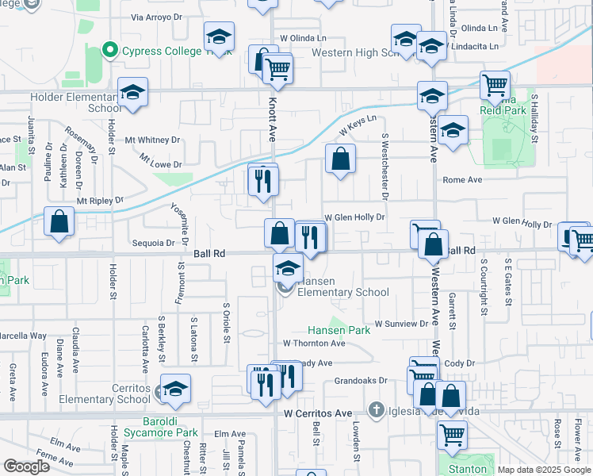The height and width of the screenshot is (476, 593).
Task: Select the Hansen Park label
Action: [x=339, y=330]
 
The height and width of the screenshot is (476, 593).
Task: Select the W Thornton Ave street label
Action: [x=315, y=344]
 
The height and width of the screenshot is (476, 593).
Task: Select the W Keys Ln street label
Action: [x=358, y=125]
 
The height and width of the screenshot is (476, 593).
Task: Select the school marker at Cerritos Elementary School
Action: [x=176, y=389]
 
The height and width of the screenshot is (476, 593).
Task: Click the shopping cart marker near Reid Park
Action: [x=495, y=85]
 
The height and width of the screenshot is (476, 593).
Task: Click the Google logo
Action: [x=26, y=467]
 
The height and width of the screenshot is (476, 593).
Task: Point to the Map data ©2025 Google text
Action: [x=544, y=470]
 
